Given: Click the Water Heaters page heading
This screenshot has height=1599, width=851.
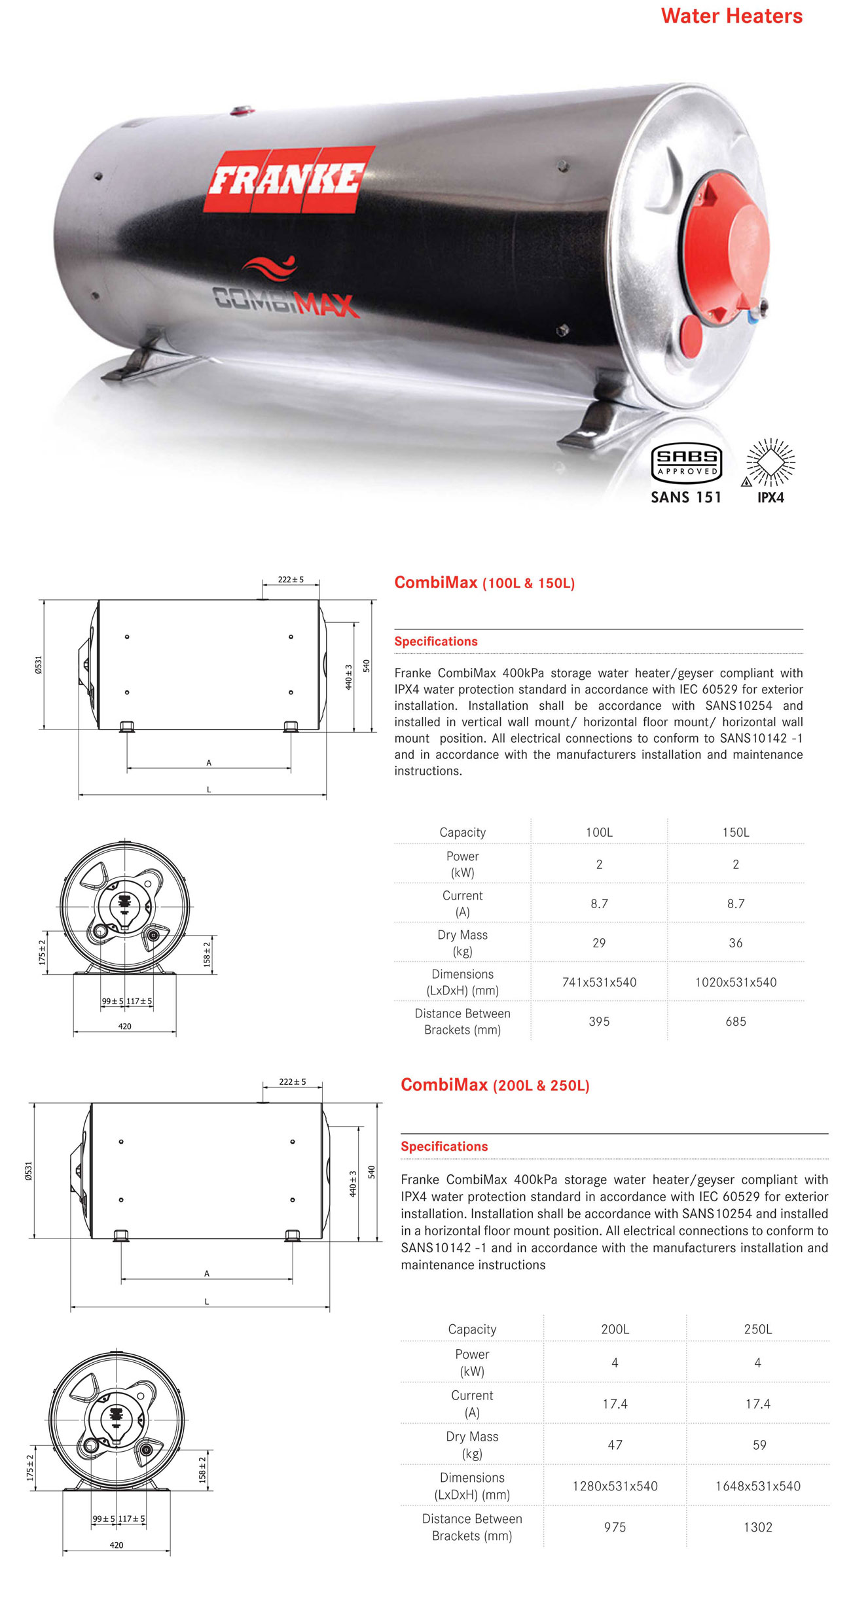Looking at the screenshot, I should coord(731,16).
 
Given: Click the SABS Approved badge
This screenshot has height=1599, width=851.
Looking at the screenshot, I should coord(686,463).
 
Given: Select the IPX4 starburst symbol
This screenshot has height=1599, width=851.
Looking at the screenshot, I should coord(770,463).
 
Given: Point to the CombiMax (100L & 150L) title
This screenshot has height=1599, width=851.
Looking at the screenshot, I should coord(484,582).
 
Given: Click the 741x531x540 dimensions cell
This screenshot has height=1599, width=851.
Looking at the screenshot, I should coord(599,982).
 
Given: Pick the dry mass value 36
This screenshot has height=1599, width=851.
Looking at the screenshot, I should coord(735,943).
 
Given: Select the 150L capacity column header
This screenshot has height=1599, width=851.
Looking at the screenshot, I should coord(735,832).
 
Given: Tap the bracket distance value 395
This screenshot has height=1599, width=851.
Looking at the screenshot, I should coord(599,1021).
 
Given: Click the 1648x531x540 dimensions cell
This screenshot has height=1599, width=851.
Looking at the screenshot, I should coord(757,1486).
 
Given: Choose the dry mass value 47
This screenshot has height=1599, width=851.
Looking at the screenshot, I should coord(615,1445).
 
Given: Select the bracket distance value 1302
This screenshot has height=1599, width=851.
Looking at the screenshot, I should coord(757,1527).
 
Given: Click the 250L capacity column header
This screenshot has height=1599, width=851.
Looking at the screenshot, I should coord(757,1329).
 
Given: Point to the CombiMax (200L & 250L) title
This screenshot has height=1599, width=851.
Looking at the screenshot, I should coord(495,1085).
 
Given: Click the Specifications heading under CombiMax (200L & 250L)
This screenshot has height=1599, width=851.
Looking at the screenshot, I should coord(444,1146).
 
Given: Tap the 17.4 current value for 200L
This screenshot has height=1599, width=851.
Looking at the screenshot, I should coord(615,1403).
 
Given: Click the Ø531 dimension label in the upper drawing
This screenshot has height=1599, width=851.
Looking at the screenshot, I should coord(39,665).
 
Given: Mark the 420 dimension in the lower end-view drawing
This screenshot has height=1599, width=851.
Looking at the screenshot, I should coord(116,1545).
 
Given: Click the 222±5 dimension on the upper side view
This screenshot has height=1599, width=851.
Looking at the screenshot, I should coord(291,580).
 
